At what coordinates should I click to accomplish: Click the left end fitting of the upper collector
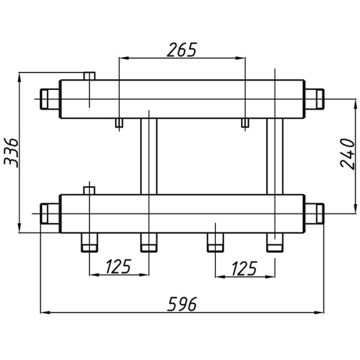click(50, 98)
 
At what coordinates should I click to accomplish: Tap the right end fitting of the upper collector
click(314, 98)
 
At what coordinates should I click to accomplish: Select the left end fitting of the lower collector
click(50, 212)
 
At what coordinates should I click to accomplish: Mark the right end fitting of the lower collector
click(314, 212)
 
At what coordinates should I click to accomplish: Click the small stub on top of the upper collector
click(89, 76)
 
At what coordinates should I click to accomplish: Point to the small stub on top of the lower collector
click(89, 190)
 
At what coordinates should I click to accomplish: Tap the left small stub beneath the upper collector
click(119, 124)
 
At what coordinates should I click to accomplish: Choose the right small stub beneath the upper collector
click(245, 124)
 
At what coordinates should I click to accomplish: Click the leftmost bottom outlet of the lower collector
click(89, 242)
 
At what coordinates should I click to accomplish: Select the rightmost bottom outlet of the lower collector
click(274, 242)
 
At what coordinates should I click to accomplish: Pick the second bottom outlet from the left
click(148, 242)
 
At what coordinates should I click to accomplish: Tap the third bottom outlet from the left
click(215, 242)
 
